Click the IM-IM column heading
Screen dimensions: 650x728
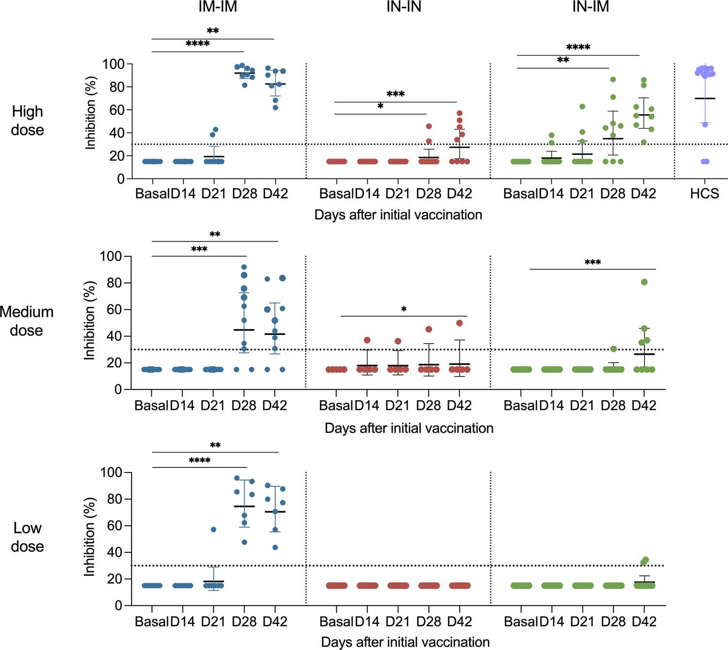coord(218,7)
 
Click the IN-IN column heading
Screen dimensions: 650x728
coord(404,7)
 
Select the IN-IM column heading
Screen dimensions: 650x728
coord(590,7)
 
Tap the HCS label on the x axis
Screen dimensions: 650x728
coord(705,194)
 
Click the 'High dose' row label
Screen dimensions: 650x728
coord(28,120)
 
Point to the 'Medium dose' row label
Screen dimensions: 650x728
coord(27,321)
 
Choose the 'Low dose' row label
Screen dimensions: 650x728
coord(28,537)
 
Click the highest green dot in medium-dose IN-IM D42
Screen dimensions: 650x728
coord(645,282)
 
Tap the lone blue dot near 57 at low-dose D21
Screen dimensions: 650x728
coord(214,530)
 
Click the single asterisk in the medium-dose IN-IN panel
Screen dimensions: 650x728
coord(404,309)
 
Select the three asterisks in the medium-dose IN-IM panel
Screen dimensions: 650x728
coord(593,263)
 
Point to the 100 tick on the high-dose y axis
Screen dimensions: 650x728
coord(114,64)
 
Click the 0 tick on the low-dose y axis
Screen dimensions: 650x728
coord(118,605)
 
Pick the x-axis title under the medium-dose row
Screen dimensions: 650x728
coord(409,428)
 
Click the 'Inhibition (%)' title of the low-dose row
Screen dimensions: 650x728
coord(89,537)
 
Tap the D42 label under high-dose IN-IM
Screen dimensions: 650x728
coord(644,194)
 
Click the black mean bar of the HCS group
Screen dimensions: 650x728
coord(705,99)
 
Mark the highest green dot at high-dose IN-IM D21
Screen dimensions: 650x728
coord(582,106)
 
